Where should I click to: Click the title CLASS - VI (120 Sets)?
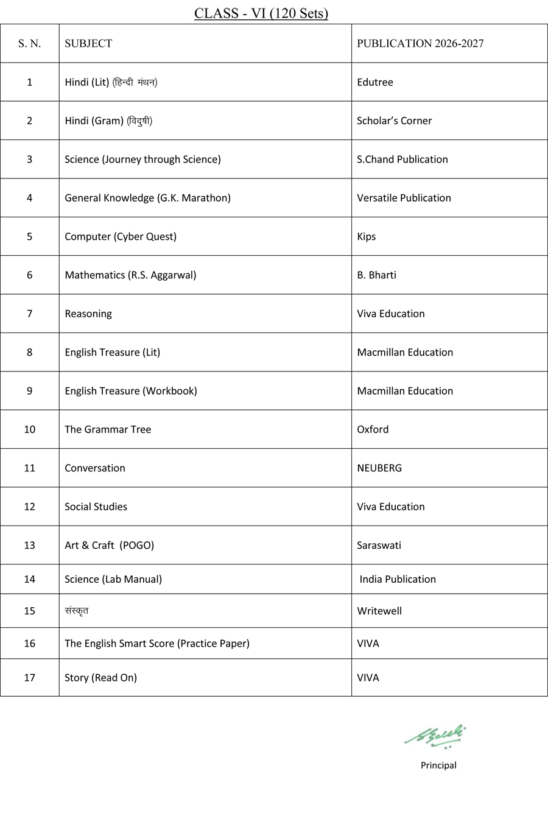261,13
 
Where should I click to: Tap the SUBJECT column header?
88,43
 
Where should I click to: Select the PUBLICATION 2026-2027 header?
420,43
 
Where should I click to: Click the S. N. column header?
29,43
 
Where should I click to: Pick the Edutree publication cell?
375,82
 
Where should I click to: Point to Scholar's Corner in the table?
394,121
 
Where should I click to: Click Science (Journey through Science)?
142,160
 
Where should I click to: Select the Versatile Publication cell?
404,198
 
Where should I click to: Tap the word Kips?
366,236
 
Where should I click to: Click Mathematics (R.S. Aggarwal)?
130,275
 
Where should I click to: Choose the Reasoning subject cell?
88,314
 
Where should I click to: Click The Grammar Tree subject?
108,429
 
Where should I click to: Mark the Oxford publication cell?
373,429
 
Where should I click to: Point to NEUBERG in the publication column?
379,468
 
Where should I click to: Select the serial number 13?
29,545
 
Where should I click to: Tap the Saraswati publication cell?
379,545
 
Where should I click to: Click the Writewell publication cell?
379,611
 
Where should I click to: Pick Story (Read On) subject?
100,678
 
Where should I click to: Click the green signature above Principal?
435,736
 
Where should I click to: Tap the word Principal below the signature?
438,765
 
